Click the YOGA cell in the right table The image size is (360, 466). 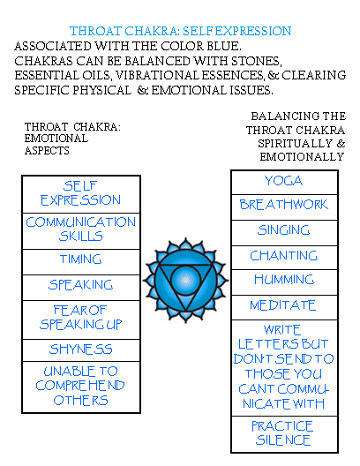284,183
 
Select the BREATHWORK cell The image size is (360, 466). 284,207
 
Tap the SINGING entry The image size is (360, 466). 284,233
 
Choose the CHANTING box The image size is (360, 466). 284,258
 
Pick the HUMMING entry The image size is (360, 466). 284,282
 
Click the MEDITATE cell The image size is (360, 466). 284,308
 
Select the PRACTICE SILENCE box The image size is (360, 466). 284,434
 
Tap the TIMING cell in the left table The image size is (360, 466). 81,262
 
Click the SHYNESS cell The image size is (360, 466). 81,350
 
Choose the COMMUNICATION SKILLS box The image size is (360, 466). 81,231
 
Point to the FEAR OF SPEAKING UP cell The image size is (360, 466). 81,319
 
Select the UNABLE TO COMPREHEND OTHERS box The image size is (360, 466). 81,387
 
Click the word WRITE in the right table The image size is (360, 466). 282,330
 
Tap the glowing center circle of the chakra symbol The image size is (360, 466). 185,280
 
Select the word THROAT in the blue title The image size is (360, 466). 95,31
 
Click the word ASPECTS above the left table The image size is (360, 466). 47,151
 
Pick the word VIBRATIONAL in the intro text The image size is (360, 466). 157,75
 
